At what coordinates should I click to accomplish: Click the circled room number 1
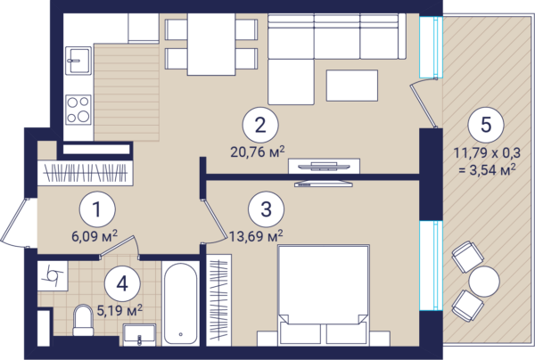click(x=97, y=209)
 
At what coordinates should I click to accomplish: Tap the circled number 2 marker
click(x=260, y=125)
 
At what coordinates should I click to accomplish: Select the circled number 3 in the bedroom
click(x=266, y=209)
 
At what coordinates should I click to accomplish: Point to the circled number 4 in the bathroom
click(x=122, y=283)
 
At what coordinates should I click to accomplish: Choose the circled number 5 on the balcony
click(x=486, y=125)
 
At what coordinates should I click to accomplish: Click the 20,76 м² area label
click(x=258, y=151)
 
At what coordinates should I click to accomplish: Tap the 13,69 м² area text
click(x=256, y=235)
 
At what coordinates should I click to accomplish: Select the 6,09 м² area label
click(x=95, y=235)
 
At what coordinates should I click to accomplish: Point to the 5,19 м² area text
click(x=119, y=310)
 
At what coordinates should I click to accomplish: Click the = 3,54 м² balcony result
click(x=487, y=169)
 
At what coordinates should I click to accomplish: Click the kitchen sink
click(x=78, y=61)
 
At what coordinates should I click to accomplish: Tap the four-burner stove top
click(x=78, y=110)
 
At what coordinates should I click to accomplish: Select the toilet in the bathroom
click(x=83, y=320)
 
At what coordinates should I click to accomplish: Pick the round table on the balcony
click(x=484, y=282)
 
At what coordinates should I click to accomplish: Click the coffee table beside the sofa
click(x=352, y=86)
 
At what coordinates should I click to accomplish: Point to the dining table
click(x=211, y=44)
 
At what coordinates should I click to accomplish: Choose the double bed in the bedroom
click(x=323, y=295)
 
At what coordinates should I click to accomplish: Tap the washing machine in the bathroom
click(x=53, y=276)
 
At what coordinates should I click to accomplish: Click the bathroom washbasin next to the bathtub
click(x=140, y=334)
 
